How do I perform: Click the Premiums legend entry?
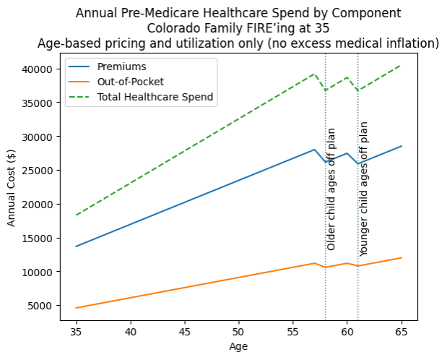(121, 67)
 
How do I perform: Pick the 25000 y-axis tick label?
(44, 171)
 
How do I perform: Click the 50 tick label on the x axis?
(239, 332)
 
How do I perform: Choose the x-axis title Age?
(238, 347)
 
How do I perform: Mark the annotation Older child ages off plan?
(331, 189)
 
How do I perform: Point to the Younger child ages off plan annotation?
(364, 189)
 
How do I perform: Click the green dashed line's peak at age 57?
(314, 74)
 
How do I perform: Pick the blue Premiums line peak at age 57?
(314, 150)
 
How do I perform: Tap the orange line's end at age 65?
(402, 258)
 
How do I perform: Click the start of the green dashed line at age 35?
(76, 215)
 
